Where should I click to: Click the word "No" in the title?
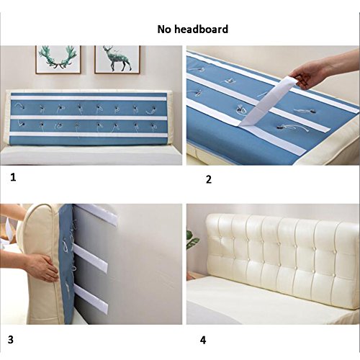pos(164,30)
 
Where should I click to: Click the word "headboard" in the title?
pos(201,30)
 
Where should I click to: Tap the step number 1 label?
pos(13,177)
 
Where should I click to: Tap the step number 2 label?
pos(209,179)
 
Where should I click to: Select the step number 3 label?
pos(11,340)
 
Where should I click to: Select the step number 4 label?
pos(203,340)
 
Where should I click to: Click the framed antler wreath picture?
pos(58,59)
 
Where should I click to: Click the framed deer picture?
pos(117,59)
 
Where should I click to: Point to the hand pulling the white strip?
pos(322,70)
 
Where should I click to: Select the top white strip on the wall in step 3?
pos(97,215)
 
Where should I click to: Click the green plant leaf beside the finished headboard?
pos(193,240)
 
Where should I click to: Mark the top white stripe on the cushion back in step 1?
pos(89,98)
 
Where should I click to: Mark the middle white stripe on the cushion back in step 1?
pos(89,118)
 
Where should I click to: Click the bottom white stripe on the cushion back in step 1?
pos(89,135)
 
